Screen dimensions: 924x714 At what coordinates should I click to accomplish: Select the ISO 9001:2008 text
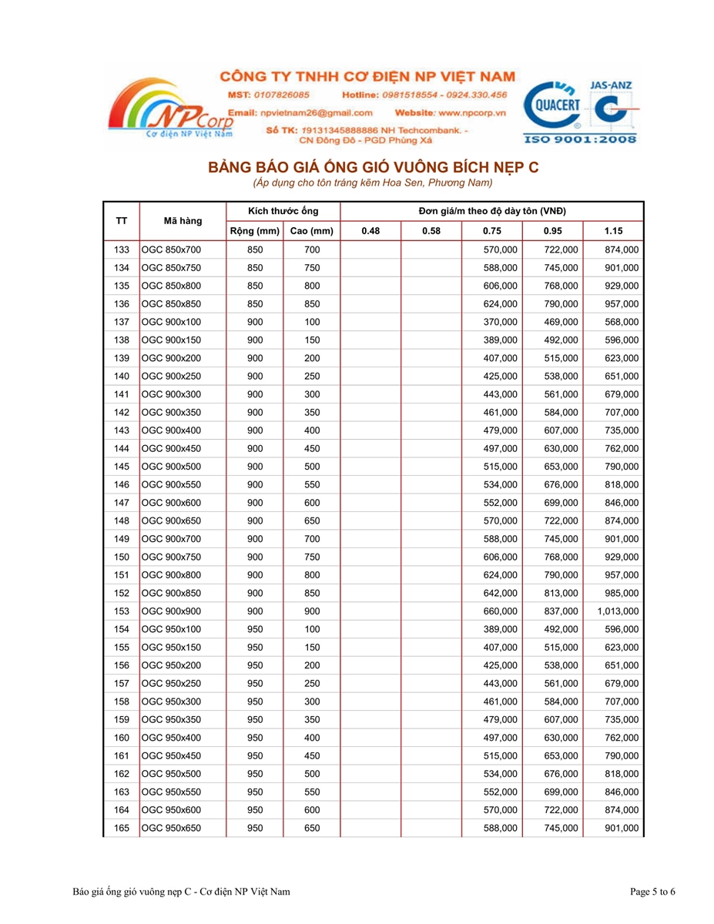[x=580, y=139]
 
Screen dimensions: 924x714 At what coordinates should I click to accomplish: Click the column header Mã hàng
[x=183, y=221]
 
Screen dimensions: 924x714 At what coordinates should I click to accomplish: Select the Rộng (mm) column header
[x=254, y=231]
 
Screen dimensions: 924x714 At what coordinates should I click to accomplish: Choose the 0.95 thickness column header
[x=552, y=231]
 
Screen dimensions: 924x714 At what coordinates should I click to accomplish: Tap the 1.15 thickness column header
[x=613, y=231]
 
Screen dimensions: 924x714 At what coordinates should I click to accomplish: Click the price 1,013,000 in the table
[x=618, y=611]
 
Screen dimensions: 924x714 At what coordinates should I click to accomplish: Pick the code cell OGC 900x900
[x=171, y=611]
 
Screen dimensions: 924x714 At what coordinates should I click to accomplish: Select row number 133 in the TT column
[x=121, y=249]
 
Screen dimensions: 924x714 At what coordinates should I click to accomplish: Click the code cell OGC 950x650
[x=171, y=828]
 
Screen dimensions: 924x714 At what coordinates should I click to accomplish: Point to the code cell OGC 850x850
[x=171, y=303]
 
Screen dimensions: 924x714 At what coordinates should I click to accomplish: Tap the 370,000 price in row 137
[x=500, y=322]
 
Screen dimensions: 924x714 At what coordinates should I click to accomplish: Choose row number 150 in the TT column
[x=121, y=557]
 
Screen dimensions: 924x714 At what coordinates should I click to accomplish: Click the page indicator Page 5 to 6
[x=652, y=892]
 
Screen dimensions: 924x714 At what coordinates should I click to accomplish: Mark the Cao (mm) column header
[x=311, y=231]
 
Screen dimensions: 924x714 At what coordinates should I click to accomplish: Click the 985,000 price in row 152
[x=621, y=593]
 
